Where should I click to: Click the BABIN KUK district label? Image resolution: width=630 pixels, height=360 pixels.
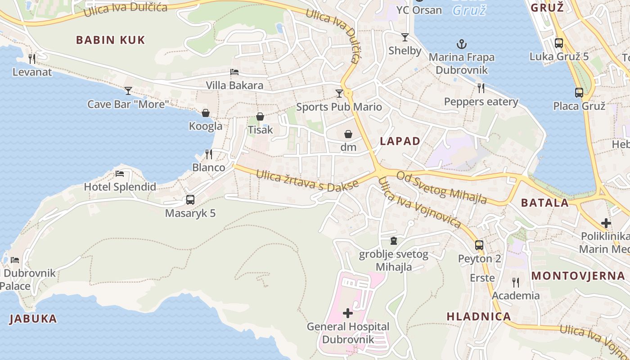tap(110, 40)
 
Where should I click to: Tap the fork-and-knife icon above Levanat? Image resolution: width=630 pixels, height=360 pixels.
tap(32, 58)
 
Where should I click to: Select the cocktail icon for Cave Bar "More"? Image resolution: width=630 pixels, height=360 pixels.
tap(128, 91)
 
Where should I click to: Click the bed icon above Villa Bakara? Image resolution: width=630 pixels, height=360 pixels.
tap(234, 72)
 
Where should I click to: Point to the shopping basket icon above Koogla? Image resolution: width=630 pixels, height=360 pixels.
tap(206, 113)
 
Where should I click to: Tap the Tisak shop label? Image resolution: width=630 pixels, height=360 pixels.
tap(261, 130)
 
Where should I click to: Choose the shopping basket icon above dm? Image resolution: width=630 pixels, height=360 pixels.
tap(348, 134)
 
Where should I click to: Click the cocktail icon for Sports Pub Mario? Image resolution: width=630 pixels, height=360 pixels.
tap(339, 94)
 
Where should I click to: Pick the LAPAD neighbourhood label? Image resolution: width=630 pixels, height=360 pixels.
tap(400, 141)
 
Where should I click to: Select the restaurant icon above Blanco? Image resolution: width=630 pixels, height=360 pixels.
tap(209, 154)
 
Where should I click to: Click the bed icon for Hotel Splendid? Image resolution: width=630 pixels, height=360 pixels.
tap(120, 174)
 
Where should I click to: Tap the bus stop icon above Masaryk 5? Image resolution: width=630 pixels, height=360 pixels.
tap(190, 199)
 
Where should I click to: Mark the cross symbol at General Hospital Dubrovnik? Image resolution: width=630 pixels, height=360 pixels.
tap(348, 313)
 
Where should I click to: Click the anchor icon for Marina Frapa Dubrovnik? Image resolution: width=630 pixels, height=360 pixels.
tap(462, 44)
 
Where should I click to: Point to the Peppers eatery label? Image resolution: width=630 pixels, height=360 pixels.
tap(481, 102)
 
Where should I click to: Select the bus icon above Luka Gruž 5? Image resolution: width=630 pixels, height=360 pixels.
tap(559, 43)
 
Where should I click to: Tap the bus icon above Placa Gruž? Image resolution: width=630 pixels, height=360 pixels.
tap(579, 93)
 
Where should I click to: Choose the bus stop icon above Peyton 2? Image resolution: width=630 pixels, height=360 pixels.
tap(479, 245)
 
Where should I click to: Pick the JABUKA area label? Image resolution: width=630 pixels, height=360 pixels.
tap(33, 319)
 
